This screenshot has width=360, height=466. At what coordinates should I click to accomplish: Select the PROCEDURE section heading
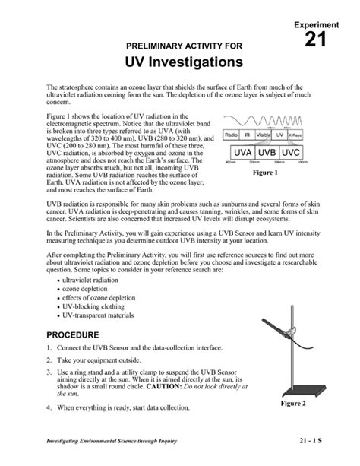tap(73, 335)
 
